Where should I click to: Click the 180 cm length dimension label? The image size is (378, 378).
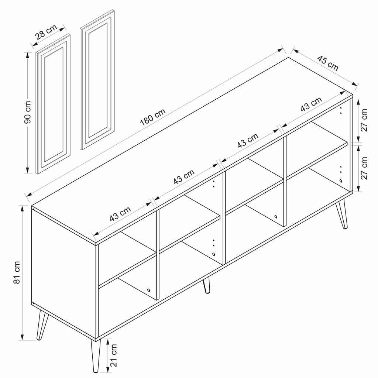pos(153,118)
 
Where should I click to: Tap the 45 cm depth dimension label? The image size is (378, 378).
pos(328,63)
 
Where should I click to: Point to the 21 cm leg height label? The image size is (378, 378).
pos(114,355)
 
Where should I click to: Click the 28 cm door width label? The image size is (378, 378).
pos(46,32)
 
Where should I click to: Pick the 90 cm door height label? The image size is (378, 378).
pos(28,112)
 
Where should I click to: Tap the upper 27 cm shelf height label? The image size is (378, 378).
pos(364,120)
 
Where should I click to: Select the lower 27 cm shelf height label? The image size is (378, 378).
pos(364,168)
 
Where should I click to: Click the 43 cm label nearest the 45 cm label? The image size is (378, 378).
pos(311,104)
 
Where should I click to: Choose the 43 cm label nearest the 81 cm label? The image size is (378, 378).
pos(120,214)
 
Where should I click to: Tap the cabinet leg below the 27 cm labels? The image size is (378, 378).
pos(342,214)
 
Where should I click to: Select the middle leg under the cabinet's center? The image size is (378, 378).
pos(207,285)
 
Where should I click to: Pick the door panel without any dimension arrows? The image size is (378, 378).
pos(97,79)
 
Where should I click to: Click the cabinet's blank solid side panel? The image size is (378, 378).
pos(63,273)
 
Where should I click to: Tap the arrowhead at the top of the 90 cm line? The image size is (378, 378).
pos(27,55)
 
